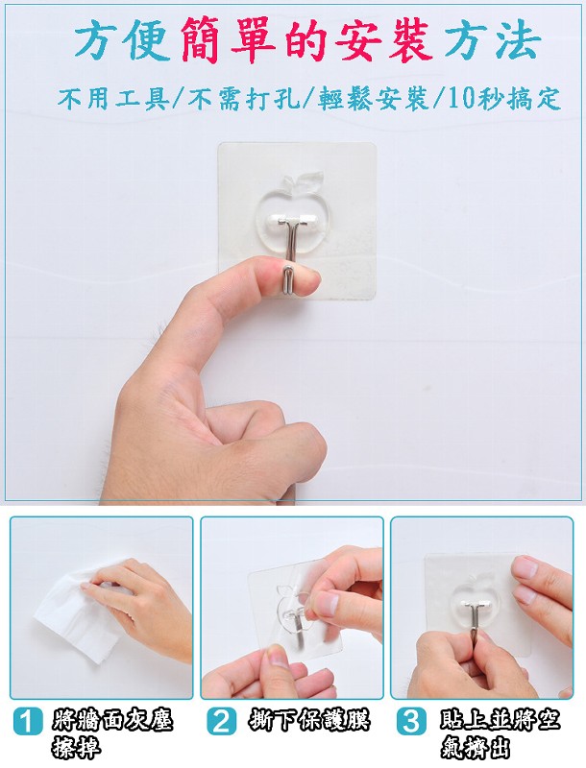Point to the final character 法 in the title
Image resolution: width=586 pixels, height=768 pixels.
tap(519, 41)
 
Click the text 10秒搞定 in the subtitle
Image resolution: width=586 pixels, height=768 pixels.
tap(502, 99)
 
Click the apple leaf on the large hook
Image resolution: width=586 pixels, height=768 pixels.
tap(309, 180)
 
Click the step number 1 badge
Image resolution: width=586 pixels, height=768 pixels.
tap(28, 721)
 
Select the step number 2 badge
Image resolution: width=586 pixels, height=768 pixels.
tap(221, 721)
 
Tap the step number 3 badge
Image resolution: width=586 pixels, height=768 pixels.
tap(410, 721)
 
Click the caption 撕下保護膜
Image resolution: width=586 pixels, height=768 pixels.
tap(308, 719)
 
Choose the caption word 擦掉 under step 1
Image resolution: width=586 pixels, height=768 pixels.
tap(76, 748)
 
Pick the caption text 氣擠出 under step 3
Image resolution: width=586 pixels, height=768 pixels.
tap(475, 748)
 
